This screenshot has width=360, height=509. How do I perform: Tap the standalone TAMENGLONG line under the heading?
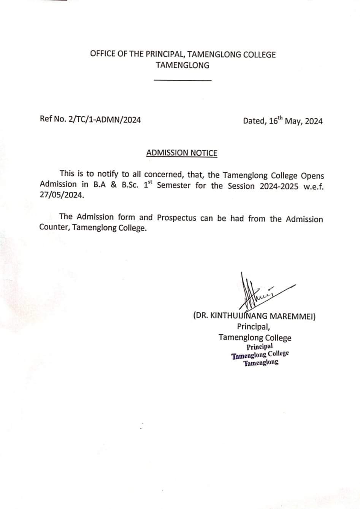click(x=182, y=65)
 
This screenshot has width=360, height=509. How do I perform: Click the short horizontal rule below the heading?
click(x=182, y=80)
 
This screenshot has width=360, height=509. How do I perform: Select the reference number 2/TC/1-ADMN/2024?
click(x=105, y=120)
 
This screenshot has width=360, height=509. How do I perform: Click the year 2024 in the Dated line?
click(x=314, y=121)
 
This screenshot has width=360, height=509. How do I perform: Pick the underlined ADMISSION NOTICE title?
click(x=182, y=153)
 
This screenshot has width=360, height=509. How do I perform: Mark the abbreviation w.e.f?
click(x=313, y=187)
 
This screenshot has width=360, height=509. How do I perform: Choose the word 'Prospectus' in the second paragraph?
click(x=177, y=218)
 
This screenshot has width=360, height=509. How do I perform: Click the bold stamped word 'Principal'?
click(x=260, y=347)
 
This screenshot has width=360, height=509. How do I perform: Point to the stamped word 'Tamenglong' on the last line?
click(x=261, y=363)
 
